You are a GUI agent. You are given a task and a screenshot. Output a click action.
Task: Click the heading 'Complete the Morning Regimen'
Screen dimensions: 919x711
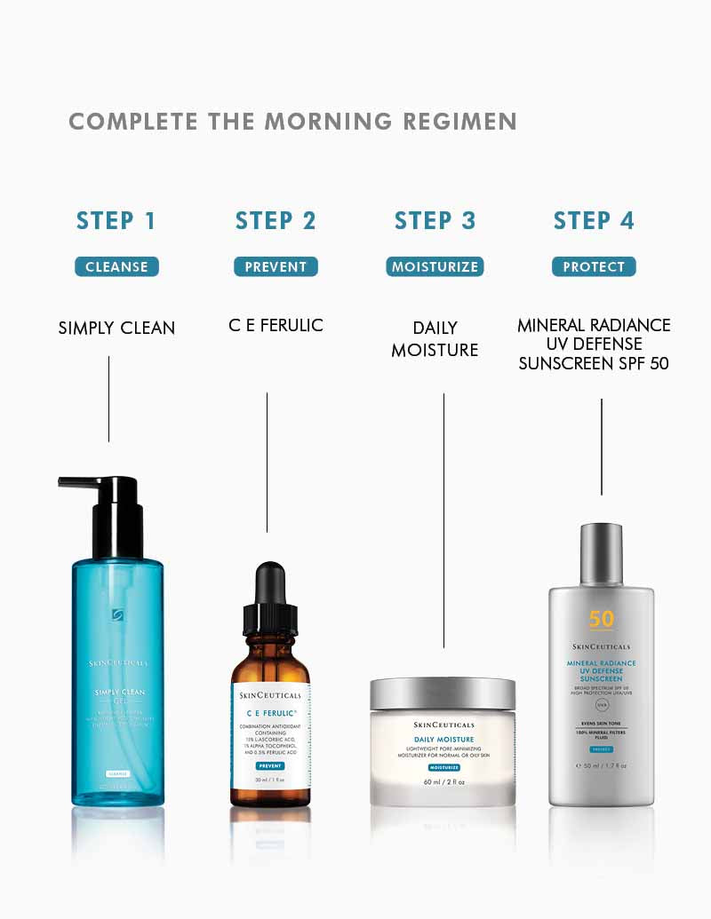(292, 122)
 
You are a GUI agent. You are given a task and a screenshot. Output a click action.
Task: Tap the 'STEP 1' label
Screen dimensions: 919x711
(116, 221)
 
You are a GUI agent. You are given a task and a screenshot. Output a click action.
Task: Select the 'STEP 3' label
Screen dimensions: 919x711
(435, 221)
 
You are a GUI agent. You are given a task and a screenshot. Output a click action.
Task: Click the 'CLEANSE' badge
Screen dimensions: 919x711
(116, 266)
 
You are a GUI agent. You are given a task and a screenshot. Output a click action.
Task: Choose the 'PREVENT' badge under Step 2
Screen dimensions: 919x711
(276, 266)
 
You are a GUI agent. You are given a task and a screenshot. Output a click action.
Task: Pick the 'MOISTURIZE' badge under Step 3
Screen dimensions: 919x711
(435, 266)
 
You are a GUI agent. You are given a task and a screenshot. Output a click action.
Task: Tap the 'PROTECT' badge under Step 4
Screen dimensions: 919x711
(594, 266)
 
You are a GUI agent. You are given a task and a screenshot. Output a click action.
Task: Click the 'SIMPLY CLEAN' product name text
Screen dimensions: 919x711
(116, 328)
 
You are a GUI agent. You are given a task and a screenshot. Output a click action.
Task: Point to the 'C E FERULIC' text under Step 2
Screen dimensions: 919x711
(276, 326)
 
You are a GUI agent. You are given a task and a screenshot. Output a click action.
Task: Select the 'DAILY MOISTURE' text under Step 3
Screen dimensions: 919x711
(435, 339)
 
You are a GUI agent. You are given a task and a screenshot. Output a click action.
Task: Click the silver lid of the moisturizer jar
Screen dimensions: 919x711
(443, 693)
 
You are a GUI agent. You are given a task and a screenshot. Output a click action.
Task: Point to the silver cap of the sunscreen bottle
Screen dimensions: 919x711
(601, 552)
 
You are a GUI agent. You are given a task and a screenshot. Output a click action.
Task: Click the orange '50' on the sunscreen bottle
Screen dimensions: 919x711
(601, 620)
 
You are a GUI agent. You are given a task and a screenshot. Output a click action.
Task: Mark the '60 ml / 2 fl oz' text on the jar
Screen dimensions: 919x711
(443, 782)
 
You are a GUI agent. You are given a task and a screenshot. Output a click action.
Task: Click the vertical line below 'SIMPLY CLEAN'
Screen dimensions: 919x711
(108, 399)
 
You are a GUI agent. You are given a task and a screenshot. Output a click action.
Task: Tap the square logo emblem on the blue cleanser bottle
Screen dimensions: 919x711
(116, 614)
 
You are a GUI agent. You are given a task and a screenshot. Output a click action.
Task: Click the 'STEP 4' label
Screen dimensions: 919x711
(594, 221)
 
